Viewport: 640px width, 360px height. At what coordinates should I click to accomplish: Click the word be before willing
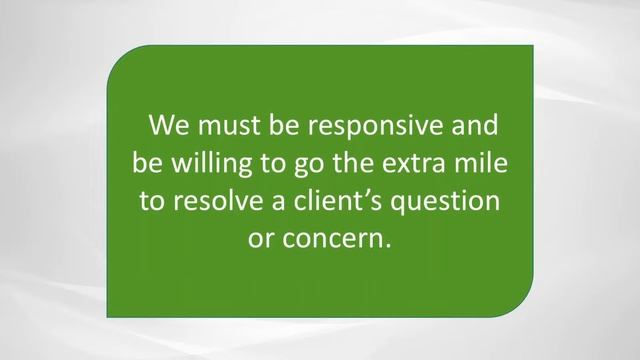pyautogui.click(x=147, y=164)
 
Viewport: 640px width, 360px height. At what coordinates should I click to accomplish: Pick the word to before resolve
pyautogui.click(x=151, y=201)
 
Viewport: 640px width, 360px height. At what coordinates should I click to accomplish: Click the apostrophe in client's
pyautogui.click(x=381, y=191)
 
